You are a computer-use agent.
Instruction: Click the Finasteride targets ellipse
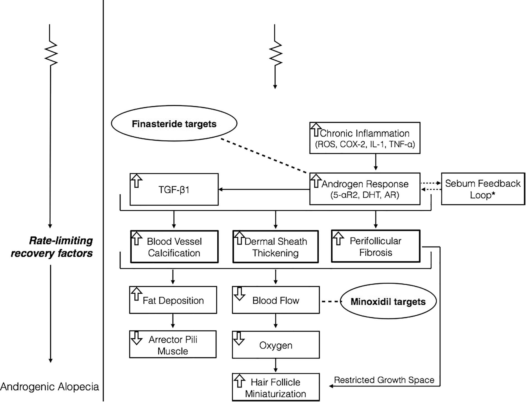[x=174, y=123]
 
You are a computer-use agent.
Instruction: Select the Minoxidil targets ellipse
[x=388, y=302]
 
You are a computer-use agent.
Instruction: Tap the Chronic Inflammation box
[x=365, y=138]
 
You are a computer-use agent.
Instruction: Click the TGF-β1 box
[x=174, y=189]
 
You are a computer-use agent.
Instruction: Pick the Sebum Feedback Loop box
[x=483, y=189]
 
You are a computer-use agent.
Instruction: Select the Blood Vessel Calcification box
[x=174, y=247]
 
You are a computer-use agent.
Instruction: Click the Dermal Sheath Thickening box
[x=276, y=247]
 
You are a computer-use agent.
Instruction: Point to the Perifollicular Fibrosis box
[x=375, y=246]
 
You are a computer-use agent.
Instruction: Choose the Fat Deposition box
[x=173, y=300]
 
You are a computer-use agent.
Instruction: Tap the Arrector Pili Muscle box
[x=173, y=345]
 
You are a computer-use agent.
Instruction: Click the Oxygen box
[x=276, y=345]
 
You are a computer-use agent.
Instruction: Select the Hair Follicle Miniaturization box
[x=276, y=388]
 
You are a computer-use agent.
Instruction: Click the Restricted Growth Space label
[x=384, y=380]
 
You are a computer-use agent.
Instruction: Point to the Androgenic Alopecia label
[x=50, y=387]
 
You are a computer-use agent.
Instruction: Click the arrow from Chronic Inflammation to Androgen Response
[x=376, y=162]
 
